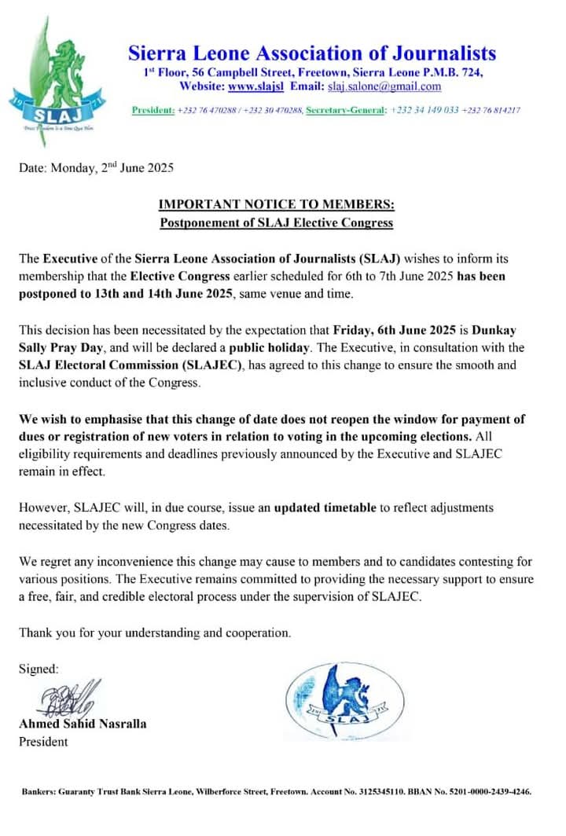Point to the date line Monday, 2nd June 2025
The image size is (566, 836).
click(x=96, y=167)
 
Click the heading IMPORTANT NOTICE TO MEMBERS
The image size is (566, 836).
click(x=277, y=206)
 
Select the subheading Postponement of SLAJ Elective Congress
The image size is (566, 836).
click(x=277, y=223)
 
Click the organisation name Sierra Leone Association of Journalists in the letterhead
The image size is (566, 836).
click(x=312, y=53)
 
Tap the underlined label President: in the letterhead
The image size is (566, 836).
click(x=153, y=110)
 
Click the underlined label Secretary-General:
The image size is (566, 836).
click(x=346, y=110)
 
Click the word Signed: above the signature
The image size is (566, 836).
click(x=39, y=669)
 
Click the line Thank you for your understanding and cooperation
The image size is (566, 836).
click(x=155, y=632)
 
